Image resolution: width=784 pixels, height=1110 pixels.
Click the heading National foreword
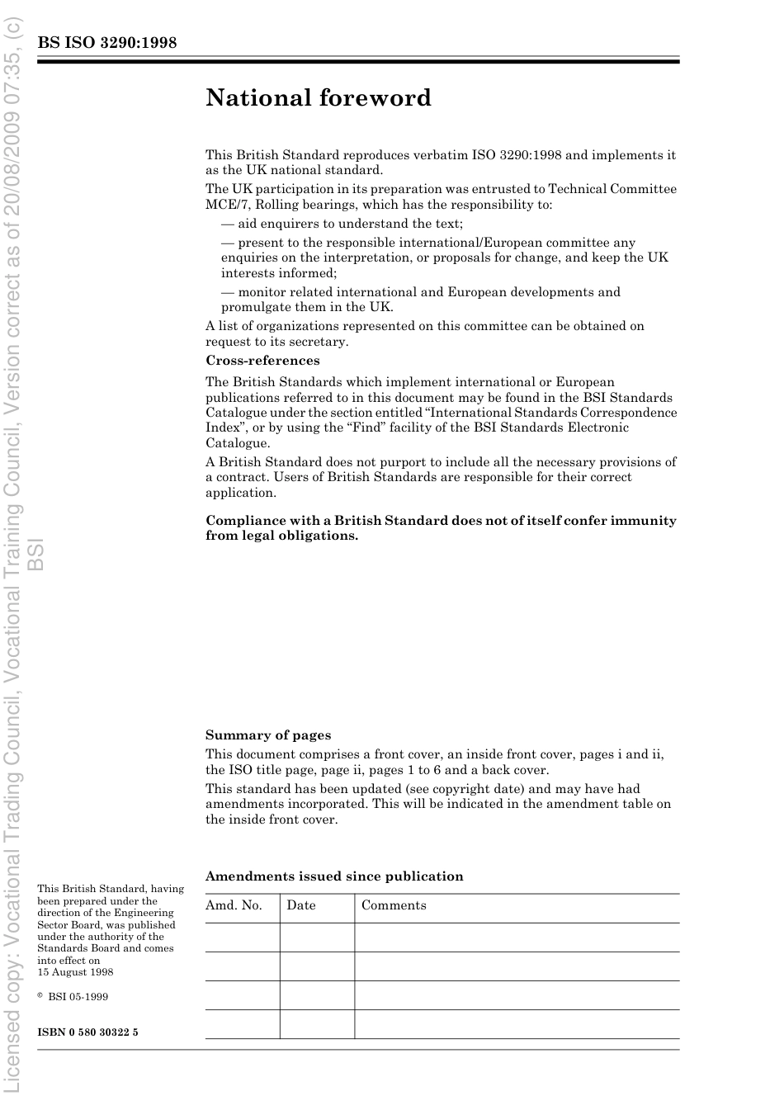(x=319, y=98)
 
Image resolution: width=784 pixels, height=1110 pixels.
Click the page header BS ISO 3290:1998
(x=106, y=43)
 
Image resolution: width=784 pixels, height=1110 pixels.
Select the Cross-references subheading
(x=262, y=361)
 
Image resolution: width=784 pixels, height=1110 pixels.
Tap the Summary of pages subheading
(x=268, y=735)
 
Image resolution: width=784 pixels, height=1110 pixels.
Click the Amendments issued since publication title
(x=334, y=876)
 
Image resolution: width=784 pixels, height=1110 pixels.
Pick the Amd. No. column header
(x=234, y=905)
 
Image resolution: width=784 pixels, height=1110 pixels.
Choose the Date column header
(x=301, y=905)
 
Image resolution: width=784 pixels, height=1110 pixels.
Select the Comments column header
(x=394, y=905)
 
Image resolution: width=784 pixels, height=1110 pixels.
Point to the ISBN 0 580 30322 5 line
(x=87, y=1032)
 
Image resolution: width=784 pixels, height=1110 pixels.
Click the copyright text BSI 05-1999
(x=78, y=996)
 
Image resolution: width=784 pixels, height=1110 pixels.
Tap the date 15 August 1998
(x=75, y=972)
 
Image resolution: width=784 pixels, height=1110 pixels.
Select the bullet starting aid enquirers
(x=342, y=224)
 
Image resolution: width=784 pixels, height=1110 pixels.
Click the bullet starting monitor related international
(x=420, y=292)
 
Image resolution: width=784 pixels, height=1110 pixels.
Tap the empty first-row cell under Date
(x=317, y=938)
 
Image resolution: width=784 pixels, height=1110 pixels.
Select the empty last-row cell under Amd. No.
(x=242, y=1024)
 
